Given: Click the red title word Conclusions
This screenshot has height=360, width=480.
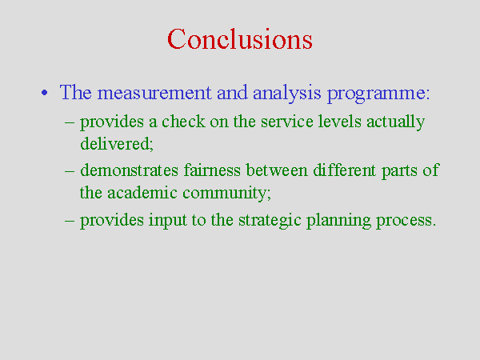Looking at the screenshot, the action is (240, 39).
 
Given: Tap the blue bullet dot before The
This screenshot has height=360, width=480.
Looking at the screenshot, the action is (45, 93).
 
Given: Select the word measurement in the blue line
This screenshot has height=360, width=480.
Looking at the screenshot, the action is (154, 93).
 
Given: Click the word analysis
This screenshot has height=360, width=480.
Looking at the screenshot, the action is (287, 93).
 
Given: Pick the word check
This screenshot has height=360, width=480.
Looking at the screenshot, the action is (183, 122).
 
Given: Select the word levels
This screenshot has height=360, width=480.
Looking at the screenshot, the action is (339, 122).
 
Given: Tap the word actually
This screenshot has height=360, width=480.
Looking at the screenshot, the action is (395, 122).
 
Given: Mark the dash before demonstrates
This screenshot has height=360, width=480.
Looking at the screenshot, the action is (70, 171).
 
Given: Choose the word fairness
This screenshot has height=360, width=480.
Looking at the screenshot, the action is (212, 170).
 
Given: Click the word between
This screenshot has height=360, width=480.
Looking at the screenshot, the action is (277, 170).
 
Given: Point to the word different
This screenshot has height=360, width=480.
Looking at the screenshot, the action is (344, 170).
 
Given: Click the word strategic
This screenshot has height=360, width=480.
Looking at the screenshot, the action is (270, 221).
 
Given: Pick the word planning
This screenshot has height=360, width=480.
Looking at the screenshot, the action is (338, 221).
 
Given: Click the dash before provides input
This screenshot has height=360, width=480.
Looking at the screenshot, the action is (70, 221).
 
